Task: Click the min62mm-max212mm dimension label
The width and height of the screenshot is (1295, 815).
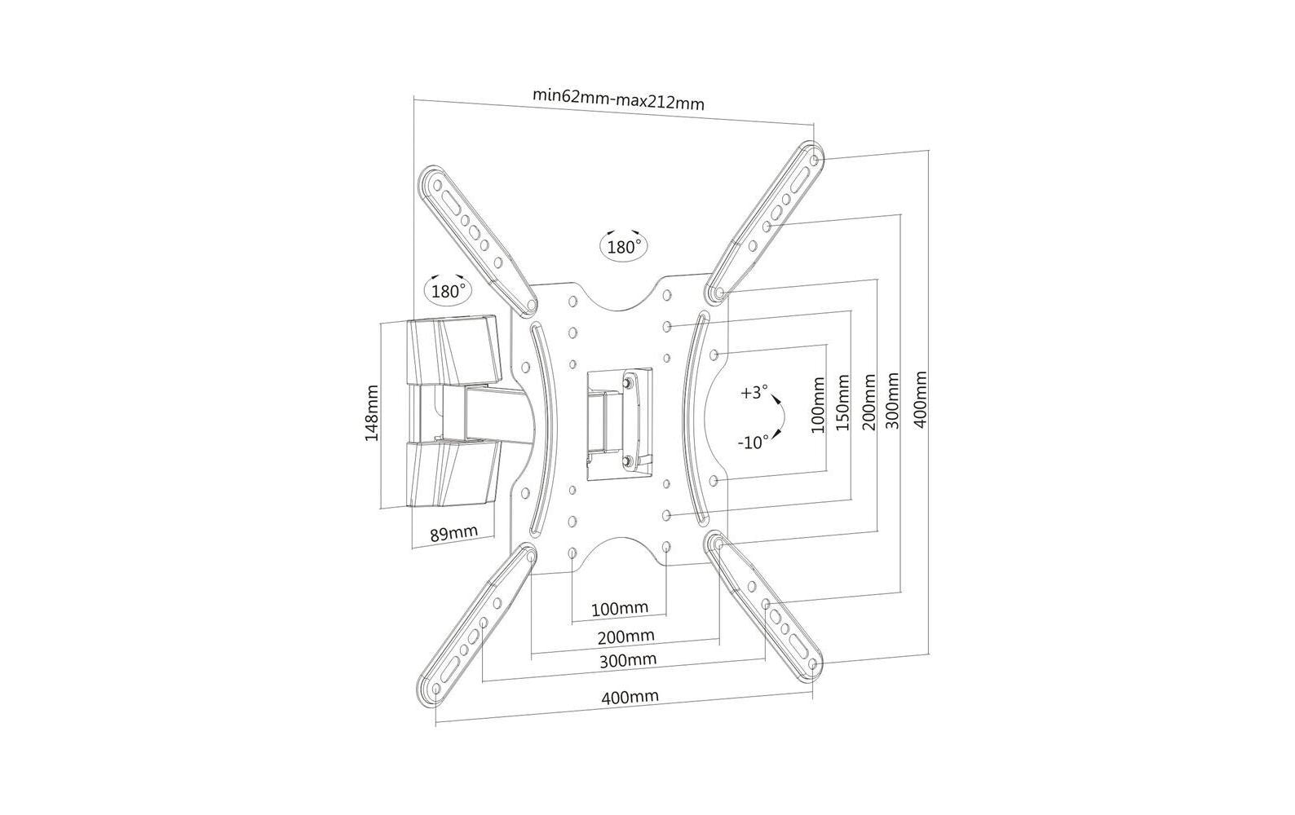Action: (618, 99)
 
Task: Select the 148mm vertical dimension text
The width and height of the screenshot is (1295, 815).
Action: (372, 414)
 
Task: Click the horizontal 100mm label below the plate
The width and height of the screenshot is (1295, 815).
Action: (620, 608)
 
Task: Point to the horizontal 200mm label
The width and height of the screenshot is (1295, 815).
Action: (625, 636)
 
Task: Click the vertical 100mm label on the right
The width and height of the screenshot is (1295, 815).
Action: (819, 404)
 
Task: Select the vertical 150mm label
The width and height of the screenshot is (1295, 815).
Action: (843, 403)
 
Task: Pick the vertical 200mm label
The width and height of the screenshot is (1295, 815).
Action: (868, 403)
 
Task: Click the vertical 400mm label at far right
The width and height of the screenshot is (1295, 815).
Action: (921, 399)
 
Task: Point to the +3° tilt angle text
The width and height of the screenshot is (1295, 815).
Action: (754, 393)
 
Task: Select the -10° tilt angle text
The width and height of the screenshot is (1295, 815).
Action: (753, 443)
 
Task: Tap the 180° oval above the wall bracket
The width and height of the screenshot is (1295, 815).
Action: (448, 289)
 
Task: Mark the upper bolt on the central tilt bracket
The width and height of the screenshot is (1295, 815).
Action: (628, 381)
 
